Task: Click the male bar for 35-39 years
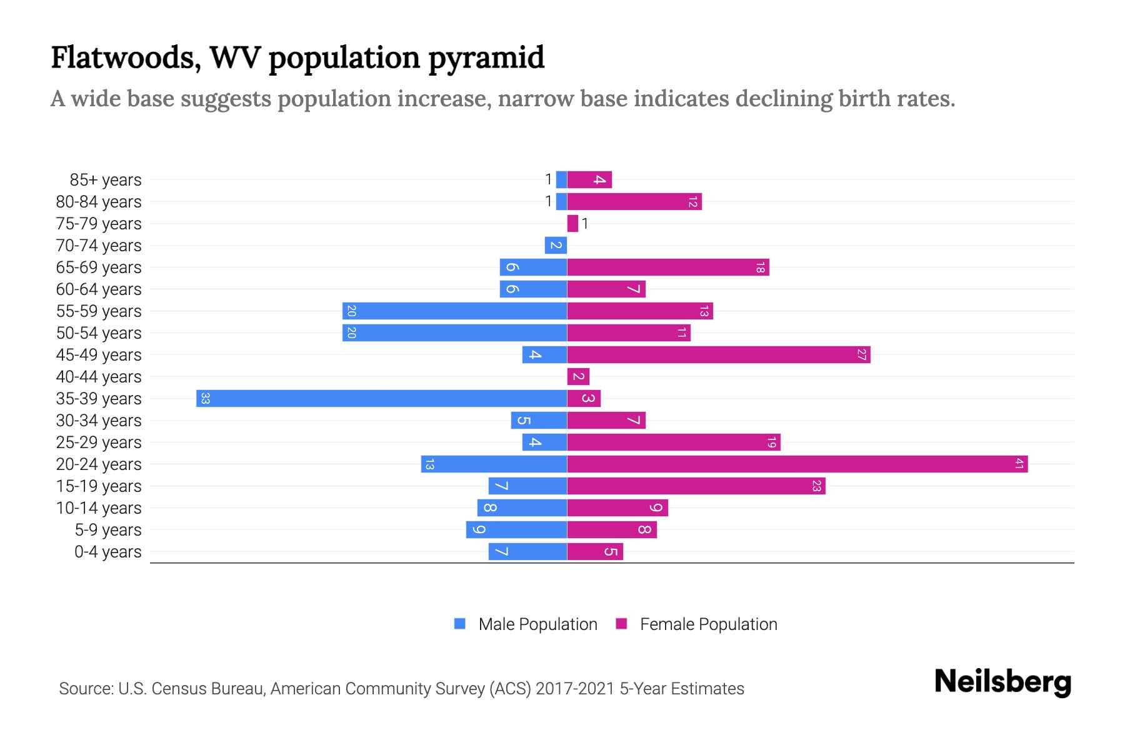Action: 381,399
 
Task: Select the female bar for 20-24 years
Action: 797,464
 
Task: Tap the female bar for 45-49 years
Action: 719,355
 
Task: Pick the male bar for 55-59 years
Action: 454,311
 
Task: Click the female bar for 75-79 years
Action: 572,224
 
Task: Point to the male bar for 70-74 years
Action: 556,246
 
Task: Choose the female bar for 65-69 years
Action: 668,267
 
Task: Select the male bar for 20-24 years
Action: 494,464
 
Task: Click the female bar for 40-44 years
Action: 578,377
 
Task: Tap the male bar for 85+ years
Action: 561,180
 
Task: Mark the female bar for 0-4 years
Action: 595,552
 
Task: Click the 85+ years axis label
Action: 106,180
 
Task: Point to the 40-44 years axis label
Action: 99,377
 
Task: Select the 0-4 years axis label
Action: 107,552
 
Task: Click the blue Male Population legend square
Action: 460,624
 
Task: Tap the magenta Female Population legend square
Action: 621,624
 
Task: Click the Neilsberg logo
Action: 1002,682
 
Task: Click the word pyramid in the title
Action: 486,58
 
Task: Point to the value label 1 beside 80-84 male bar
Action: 548,201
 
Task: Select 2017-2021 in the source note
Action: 574,689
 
